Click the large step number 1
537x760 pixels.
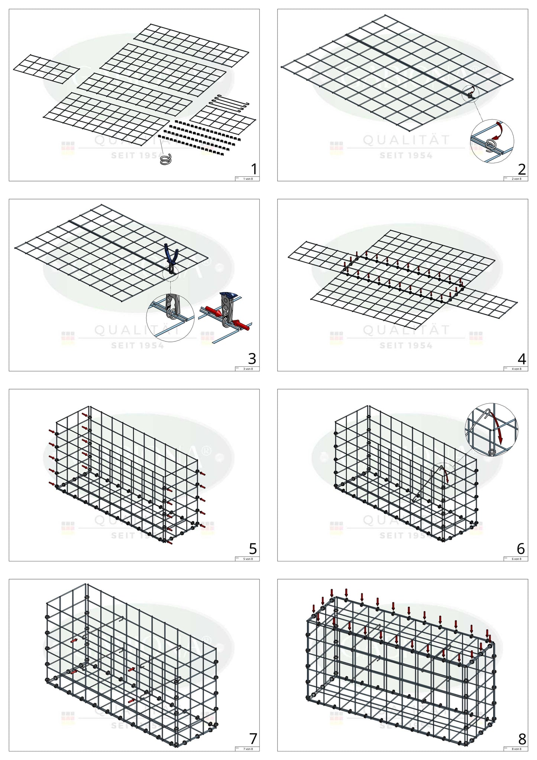(x=254, y=169)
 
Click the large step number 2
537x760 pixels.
(x=522, y=169)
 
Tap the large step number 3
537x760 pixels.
(x=252, y=359)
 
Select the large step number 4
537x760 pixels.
(x=522, y=359)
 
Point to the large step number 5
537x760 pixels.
(x=253, y=549)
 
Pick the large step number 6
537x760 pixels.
(x=521, y=549)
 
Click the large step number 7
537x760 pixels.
(x=253, y=738)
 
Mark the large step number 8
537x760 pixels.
(x=522, y=738)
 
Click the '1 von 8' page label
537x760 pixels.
(x=248, y=179)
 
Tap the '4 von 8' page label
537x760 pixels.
(x=516, y=369)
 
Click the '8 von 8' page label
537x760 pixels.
(x=516, y=749)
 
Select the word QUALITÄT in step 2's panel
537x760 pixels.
(x=406, y=140)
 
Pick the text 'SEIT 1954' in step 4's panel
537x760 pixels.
(x=406, y=346)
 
